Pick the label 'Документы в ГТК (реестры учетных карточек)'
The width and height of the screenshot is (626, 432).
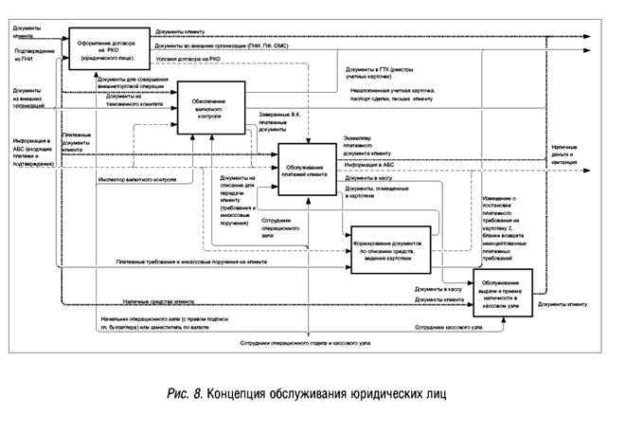(x=380, y=72)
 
